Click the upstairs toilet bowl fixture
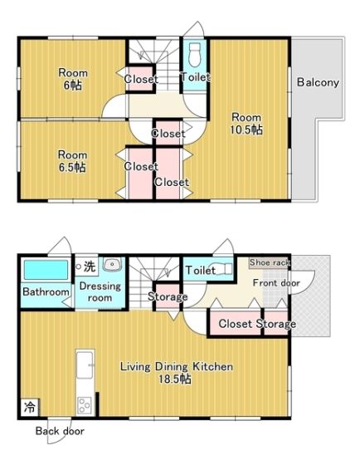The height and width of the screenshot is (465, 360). [x=194, y=55]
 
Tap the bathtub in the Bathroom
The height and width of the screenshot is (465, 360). [x=46, y=270]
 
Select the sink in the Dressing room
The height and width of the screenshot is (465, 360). [x=112, y=264]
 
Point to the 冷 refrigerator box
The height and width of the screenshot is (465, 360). [x=30, y=408]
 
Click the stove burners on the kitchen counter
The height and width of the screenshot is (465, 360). [x=84, y=405]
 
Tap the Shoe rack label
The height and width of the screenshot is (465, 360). [x=269, y=262]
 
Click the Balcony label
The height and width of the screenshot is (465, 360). [x=318, y=82]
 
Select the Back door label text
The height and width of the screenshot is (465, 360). [x=60, y=431]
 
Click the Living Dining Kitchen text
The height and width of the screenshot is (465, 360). [x=177, y=367]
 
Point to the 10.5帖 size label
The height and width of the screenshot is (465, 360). [x=246, y=130]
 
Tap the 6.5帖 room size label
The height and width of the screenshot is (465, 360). [x=72, y=167]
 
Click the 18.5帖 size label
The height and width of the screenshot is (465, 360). [x=175, y=379]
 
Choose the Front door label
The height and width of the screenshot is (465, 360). [x=276, y=283]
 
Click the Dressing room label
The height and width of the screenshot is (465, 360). [x=100, y=291]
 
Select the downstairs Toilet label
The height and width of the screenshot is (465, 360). [x=200, y=270]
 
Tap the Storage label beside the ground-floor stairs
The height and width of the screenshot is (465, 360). [x=168, y=296]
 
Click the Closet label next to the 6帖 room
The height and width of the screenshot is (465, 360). [x=141, y=79]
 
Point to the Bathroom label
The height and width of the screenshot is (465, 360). [x=46, y=291]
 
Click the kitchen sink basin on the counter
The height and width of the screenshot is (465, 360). [x=85, y=365]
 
